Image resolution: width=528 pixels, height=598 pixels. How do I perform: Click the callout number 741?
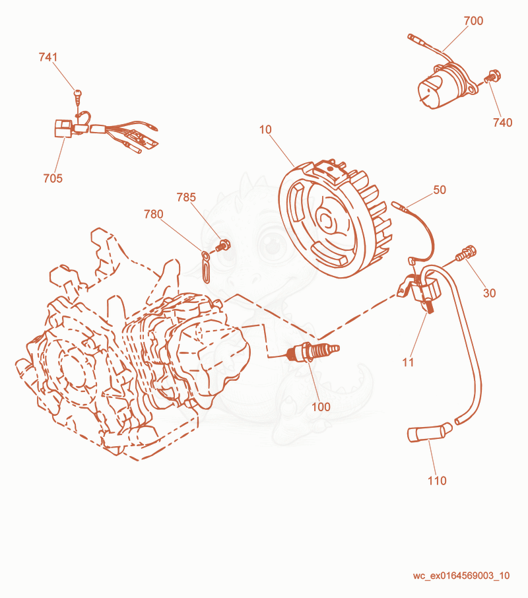[x=48, y=57]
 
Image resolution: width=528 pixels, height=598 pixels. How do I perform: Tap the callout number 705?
[x=53, y=178]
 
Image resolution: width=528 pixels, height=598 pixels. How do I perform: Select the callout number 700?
[x=473, y=20]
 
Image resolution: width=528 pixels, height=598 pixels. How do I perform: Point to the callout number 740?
[x=502, y=122]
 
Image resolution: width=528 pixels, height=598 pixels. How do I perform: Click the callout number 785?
[x=186, y=197]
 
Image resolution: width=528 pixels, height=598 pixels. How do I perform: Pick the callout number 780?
[x=153, y=215]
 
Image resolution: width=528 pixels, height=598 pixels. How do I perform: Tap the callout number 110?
[x=437, y=481]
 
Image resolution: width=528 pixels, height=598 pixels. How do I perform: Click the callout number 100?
[x=321, y=407]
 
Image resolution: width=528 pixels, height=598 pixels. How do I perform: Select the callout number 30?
[x=490, y=293]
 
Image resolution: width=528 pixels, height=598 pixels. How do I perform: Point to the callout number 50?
[x=440, y=189]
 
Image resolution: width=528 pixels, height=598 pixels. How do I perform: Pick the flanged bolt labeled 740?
[x=492, y=76]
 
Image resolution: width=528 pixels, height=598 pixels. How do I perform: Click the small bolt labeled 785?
[x=222, y=245]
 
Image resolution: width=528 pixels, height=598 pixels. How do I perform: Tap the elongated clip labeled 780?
[x=206, y=267]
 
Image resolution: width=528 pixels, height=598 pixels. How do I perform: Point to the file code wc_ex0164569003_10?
[x=461, y=576]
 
